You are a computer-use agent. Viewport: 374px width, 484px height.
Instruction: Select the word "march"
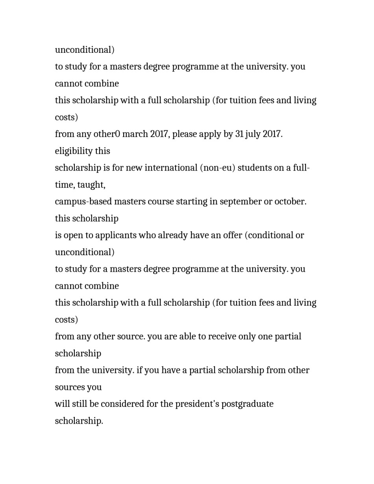[x=134, y=134]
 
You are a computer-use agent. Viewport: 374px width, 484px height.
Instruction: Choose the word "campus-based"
[x=83, y=202]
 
